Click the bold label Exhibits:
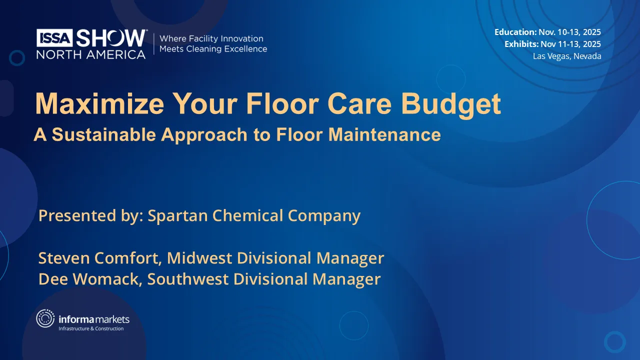point(521,44)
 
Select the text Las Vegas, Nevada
point(567,56)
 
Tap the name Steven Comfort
point(99,258)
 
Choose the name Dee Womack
point(90,279)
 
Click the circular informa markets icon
point(45,318)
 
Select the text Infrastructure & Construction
point(91,328)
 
